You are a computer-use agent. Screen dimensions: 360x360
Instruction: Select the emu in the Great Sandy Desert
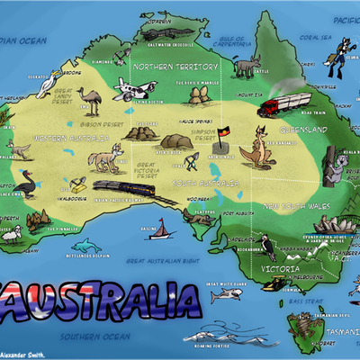[86, 99]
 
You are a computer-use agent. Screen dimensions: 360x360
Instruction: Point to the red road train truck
[274, 105]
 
